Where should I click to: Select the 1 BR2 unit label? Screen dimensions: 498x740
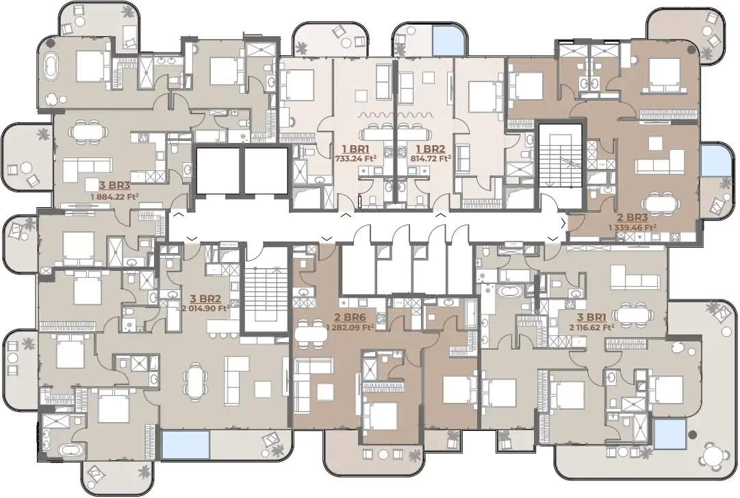[431, 148]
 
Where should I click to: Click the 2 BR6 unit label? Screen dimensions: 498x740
[349, 317]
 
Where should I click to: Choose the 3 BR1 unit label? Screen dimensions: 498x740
[591, 317]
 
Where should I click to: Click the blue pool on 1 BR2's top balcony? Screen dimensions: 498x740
[446, 40]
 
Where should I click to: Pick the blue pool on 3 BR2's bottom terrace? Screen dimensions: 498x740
[185, 445]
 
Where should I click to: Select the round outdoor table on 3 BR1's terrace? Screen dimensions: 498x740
[715, 454]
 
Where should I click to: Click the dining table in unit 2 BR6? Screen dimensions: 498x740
[311, 335]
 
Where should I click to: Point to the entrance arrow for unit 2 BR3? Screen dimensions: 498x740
[563, 224]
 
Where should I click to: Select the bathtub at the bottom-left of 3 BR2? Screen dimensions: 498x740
[68, 451]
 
